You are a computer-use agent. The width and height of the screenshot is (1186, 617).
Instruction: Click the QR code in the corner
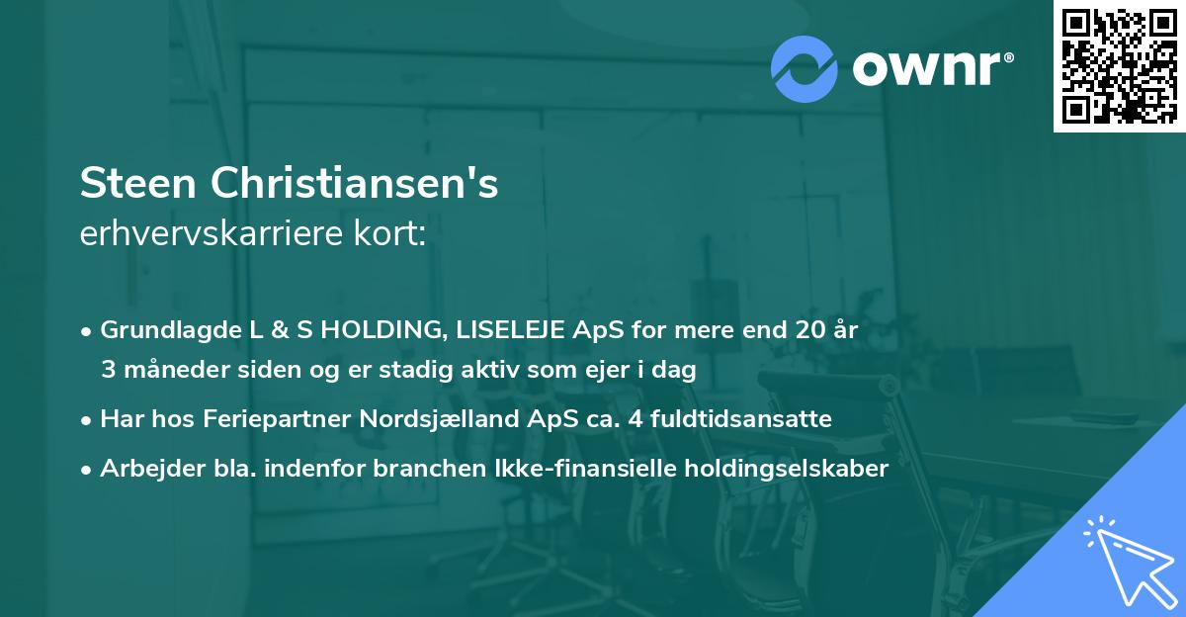tap(1119, 66)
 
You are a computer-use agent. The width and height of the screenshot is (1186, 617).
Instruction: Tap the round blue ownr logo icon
tap(804, 68)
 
